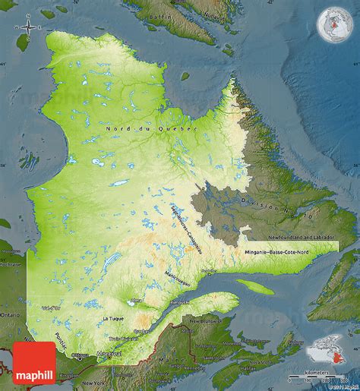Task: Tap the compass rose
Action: coord(28,28)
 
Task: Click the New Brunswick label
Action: coord(206,322)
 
